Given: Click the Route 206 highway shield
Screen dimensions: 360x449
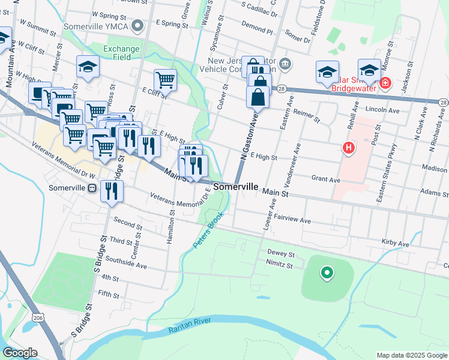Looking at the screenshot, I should [38, 317].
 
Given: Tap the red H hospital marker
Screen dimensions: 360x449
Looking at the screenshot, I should [348, 148].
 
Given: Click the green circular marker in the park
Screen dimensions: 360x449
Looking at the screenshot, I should [327, 274].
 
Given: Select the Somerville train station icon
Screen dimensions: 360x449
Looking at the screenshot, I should [92, 188].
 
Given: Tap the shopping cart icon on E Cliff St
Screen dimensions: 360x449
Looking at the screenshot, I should [164, 79].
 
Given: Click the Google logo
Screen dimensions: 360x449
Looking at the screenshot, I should [20, 353].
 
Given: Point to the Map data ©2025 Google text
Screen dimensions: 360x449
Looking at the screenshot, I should [412, 355].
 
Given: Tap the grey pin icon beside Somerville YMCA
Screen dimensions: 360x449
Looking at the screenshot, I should [139, 25].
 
